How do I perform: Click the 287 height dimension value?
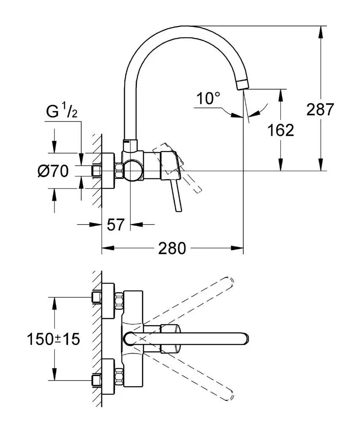319,110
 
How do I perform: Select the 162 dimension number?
281,130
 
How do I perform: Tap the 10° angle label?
208,99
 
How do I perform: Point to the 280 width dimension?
172,248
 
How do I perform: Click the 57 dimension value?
115,225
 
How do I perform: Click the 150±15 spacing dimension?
53,339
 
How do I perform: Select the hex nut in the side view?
119,171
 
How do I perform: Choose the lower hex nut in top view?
119,377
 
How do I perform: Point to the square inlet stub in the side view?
97,171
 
